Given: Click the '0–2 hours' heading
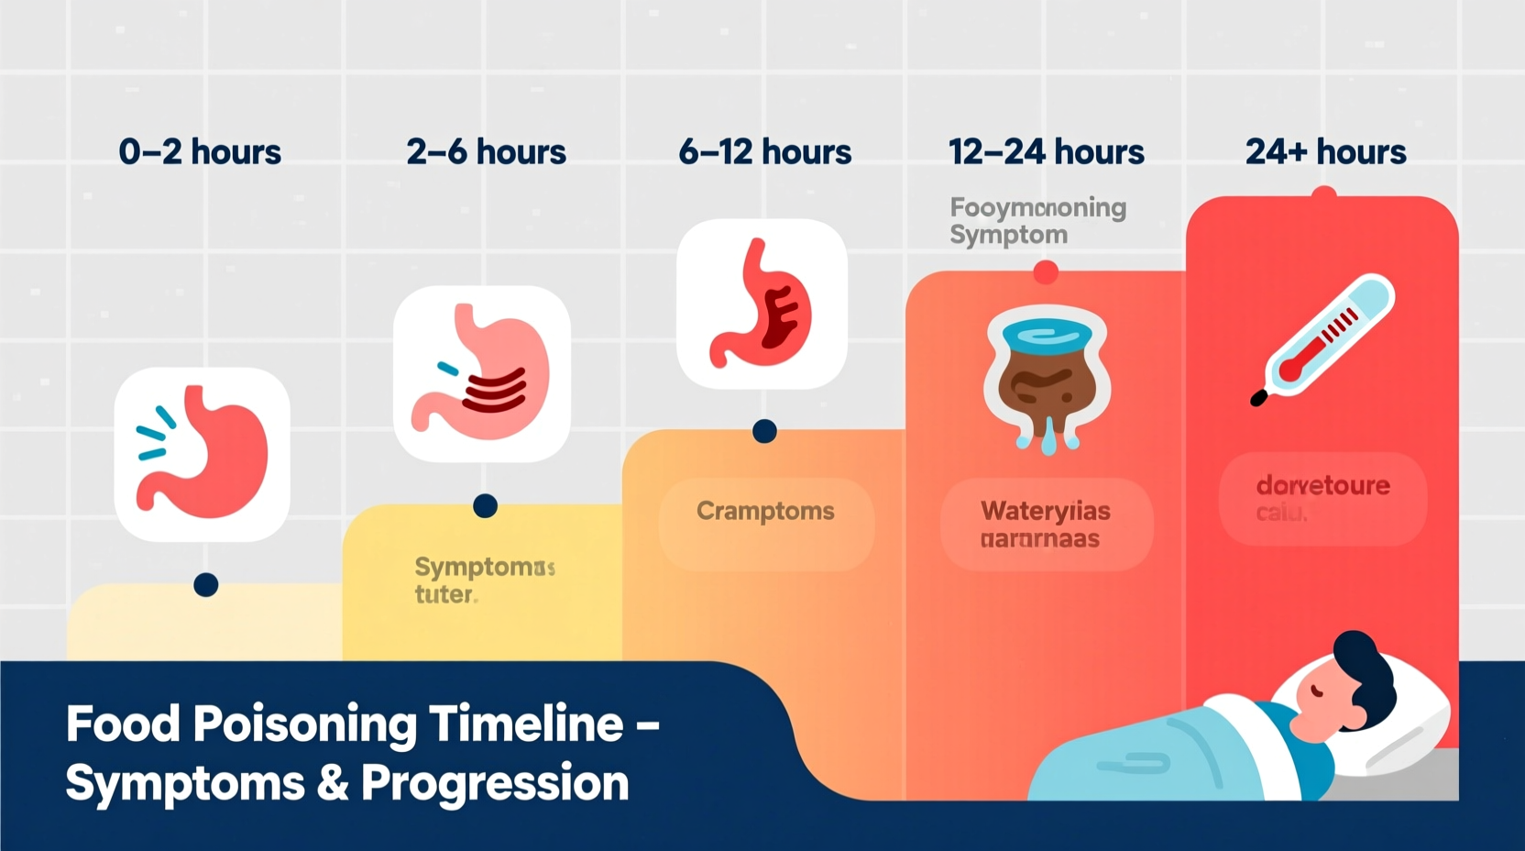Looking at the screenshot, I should pos(200,152).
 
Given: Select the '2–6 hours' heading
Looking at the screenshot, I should pos(486,152).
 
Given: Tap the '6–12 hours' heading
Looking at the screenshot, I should pos(764,152).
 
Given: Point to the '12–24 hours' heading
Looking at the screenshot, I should pos(1046,152).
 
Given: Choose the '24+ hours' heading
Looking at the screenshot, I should pos(1325,152).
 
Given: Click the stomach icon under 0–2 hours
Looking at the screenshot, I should pos(203,454).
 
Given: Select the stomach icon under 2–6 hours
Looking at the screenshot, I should pos(482,374).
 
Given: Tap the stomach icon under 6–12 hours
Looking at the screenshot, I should pos(762,304).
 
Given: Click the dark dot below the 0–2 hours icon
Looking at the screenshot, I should pos(206,585).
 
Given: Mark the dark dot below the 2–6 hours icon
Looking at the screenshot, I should pos(485,506).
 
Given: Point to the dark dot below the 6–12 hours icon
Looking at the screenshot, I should pos(764,431).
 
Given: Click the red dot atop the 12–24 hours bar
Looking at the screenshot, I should pos(1046,272).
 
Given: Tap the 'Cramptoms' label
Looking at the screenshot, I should pos(765,511).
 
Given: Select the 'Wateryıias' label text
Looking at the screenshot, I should pos(1046,511).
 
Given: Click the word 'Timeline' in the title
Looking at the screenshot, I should pos(527,724).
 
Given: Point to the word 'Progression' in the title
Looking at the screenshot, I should pos(495,784).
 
